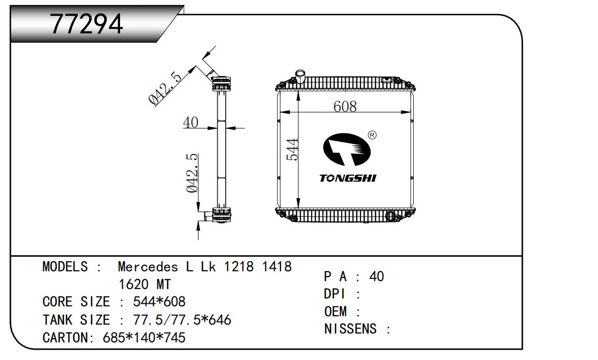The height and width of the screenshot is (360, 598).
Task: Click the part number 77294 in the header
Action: click(x=87, y=24)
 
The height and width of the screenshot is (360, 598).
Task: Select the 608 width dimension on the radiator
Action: click(x=345, y=106)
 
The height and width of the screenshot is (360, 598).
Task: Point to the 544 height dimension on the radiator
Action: click(x=293, y=149)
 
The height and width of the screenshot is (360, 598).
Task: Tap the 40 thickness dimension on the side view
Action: click(x=190, y=122)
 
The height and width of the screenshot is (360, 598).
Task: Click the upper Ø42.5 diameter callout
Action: click(x=165, y=87)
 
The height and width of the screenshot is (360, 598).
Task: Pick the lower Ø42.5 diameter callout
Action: click(x=192, y=173)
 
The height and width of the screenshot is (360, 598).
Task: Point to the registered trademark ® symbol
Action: click(x=373, y=134)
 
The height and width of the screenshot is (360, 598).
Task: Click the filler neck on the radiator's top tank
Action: click(x=300, y=77)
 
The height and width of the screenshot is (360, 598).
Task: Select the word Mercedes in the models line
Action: click(x=148, y=267)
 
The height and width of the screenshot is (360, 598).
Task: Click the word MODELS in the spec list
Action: click(x=66, y=267)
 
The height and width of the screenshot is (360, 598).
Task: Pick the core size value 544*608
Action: click(x=159, y=301)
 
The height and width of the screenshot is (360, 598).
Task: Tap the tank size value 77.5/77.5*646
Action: click(x=182, y=320)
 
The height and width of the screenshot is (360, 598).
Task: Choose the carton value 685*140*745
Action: click(x=144, y=338)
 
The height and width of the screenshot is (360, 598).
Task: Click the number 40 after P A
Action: click(x=377, y=277)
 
